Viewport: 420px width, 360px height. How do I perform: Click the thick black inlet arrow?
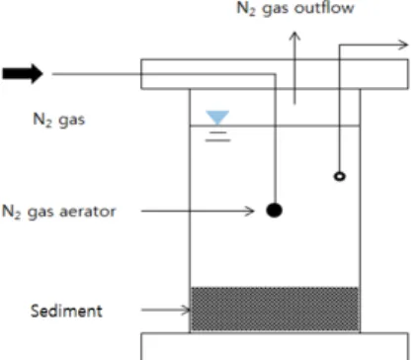23,73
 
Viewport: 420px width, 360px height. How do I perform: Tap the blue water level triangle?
217,117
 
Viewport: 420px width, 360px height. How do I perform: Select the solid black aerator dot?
274,210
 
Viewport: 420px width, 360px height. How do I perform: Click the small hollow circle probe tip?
340,176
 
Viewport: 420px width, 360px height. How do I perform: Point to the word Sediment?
66,311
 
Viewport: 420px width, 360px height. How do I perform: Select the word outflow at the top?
324,8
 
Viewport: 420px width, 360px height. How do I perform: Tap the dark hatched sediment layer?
275,309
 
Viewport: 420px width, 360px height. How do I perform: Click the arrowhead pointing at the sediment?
186,310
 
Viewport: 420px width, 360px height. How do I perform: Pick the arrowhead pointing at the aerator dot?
249,211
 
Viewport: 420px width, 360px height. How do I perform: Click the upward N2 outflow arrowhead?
294,37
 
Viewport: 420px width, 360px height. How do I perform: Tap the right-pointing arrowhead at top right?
403,45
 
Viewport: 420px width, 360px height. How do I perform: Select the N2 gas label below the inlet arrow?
58,120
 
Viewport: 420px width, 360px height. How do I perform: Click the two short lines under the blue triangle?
217,136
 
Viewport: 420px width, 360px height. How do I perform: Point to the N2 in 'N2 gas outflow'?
246,8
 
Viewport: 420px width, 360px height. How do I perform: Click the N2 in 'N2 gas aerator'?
12,212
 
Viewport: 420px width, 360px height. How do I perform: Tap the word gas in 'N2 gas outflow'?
276,9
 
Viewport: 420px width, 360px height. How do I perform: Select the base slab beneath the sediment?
275,346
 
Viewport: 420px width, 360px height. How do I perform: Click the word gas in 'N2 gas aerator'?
41,213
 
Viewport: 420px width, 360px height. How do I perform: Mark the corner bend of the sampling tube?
340,45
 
